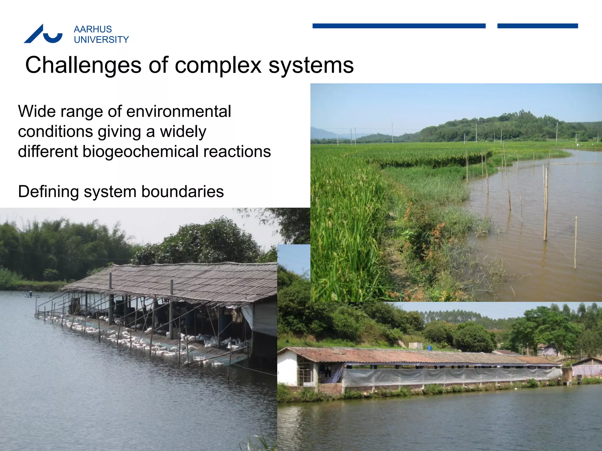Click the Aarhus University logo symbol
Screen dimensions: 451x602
click(43, 34)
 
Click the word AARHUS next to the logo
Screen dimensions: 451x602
click(93, 29)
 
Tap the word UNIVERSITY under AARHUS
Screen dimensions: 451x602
click(101, 40)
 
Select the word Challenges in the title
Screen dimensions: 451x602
click(83, 65)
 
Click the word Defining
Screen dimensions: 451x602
click(49, 191)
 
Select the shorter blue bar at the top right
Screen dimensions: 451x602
click(537, 26)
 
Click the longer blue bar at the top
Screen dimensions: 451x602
click(399, 26)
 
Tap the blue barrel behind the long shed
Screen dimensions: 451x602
click(429, 348)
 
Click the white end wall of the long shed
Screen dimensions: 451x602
click(287, 368)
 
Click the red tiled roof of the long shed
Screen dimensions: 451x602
click(412, 356)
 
